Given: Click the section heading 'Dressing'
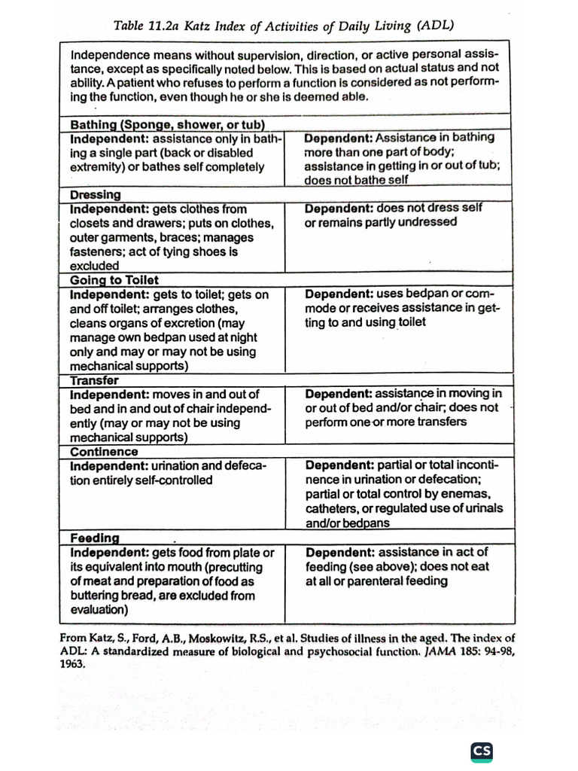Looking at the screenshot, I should click(x=95, y=195).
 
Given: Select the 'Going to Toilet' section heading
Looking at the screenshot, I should click(x=114, y=280).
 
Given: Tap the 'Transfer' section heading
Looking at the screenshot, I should click(x=94, y=380).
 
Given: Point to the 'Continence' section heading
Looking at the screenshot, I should click(x=104, y=452).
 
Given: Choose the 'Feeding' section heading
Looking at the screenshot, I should click(x=95, y=538).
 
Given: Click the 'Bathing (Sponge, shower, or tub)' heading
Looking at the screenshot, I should click(x=170, y=124).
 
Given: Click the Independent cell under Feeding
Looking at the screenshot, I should click(x=172, y=581).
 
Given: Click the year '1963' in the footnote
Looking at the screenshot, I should click(x=72, y=665).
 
